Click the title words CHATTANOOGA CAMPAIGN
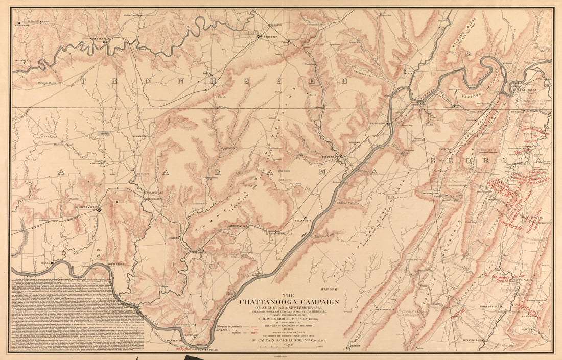click(x=289, y=302)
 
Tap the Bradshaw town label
click(x=21, y=25)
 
